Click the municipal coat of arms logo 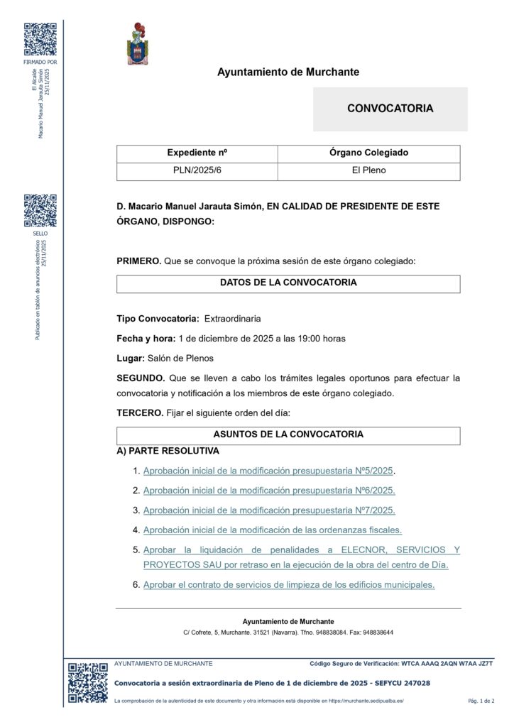[138, 44]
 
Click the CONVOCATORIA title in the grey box [390, 109]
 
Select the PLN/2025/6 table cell [197, 171]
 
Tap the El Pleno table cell [368, 171]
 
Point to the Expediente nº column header [197, 153]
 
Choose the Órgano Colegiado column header [368, 153]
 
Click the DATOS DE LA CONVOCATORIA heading [288, 283]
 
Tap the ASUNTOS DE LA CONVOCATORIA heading [288, 434]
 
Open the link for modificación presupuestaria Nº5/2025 [268, 471]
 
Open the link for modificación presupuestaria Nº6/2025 [269, 491]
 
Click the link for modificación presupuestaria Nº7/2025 [269, 510]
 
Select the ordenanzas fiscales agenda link [273, 530]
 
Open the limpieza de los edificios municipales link [289, 585]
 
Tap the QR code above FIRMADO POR [40, 40]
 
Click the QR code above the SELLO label [40, 211]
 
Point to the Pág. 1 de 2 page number [481, 701]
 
